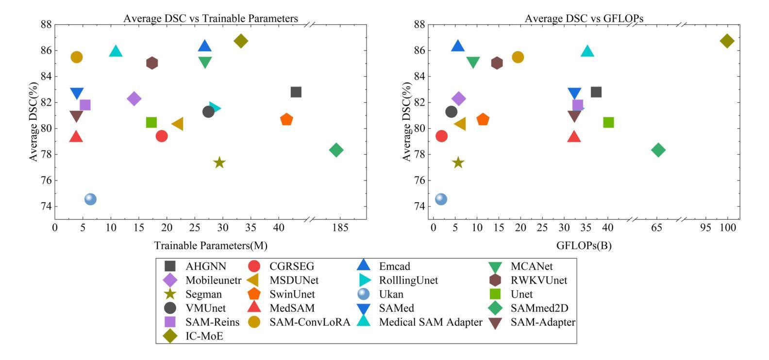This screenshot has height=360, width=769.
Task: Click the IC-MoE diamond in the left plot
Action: point(240,41)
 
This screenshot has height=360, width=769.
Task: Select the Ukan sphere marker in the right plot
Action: point(441,199)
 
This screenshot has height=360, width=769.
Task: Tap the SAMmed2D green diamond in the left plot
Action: point(336,150)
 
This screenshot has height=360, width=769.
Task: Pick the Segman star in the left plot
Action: point(219,163)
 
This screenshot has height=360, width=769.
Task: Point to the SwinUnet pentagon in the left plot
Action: point(286,119)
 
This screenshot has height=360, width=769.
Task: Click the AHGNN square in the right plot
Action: point(596,92)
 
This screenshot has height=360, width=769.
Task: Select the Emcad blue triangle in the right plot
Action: point(458,46)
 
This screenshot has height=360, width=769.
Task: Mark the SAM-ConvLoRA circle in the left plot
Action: point(77,57)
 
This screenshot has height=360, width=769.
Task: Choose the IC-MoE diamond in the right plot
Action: point(727,41)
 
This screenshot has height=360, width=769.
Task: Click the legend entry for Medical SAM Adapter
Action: point(431,322)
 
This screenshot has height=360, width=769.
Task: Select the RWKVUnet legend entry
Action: point(538,280)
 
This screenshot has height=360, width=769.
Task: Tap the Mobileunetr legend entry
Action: point(213,280)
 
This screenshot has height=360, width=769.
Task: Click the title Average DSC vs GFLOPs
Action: point(584,18)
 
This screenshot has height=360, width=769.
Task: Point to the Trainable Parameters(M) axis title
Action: point(211,245)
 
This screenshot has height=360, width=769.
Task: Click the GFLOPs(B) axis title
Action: point(584,245)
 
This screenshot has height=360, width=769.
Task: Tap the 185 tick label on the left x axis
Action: point(340,228)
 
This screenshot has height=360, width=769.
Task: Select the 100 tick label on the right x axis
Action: point(727,228)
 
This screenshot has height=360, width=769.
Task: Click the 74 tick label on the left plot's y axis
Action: point(47,207)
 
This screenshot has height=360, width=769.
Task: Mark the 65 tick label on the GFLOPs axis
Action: point(657,228)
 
